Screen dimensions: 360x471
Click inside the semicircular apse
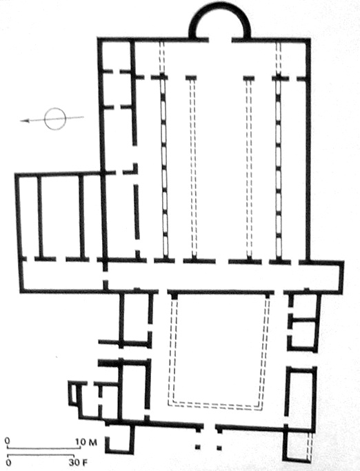tap(220, 26)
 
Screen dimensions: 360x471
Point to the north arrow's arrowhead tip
tap(21, 121)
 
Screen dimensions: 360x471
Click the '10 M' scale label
tap(86, 442)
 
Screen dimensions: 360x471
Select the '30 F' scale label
tap(79, 463)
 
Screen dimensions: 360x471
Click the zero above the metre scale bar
tap(8, 441)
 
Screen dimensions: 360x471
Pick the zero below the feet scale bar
tap(8, 463)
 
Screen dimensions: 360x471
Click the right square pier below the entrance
tap(219, 448)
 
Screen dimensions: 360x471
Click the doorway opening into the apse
tap(220, 39)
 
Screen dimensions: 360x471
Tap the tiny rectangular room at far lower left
tap(72, 394)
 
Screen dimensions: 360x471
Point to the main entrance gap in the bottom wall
tap(210, 427)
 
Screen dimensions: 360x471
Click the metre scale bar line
tap(43, 448)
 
